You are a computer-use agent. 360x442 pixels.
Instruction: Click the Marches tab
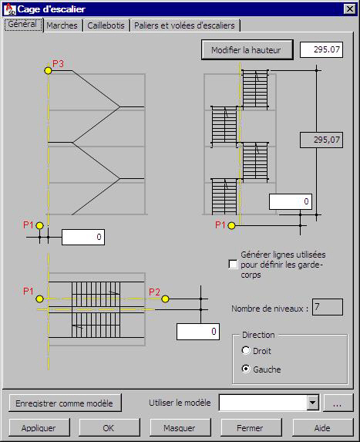pyautogui.click(x=62, y=25)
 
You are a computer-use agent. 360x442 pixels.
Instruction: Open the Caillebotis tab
pyautogui.click(x=106, y=25)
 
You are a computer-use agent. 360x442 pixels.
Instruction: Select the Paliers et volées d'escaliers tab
pyautogui.click(x=184, y=25)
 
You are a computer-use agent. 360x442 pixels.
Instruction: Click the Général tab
pyautogui.click(x=22, y=25)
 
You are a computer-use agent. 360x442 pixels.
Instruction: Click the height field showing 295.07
pyautogui.click(x=321, y=50)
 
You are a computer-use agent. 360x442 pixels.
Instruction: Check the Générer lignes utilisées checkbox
pyautogui.click(x=234, y=265)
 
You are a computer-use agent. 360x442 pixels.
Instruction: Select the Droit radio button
pyautogui.click(x=246, y=351)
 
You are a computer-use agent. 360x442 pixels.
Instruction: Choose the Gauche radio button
pyautogui.click(x=246, y=369)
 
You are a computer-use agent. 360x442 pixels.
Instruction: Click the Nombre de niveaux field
pyautogui.click(x=328, y=307)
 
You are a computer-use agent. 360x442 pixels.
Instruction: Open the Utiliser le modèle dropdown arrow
pyautogui.click(x=313, y=402)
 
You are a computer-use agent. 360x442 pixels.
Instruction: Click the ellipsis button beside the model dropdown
pyautogui.click(x=338, y=403)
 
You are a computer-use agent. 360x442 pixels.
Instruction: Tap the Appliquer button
pyautogui.click(x=39, y=427)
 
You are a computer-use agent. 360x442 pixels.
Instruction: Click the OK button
pyautogui.click(x=109, y=427)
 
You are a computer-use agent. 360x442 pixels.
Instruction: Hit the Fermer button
pyautogui.click(x=251, y=427)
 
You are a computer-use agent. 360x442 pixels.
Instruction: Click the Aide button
pyautogui.click(x=322, y=427)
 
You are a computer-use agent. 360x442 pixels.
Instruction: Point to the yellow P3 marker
pyautogui.click(x=48, y=70)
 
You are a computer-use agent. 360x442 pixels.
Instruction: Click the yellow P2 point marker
pyautogui.click(x=165, y=299)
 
